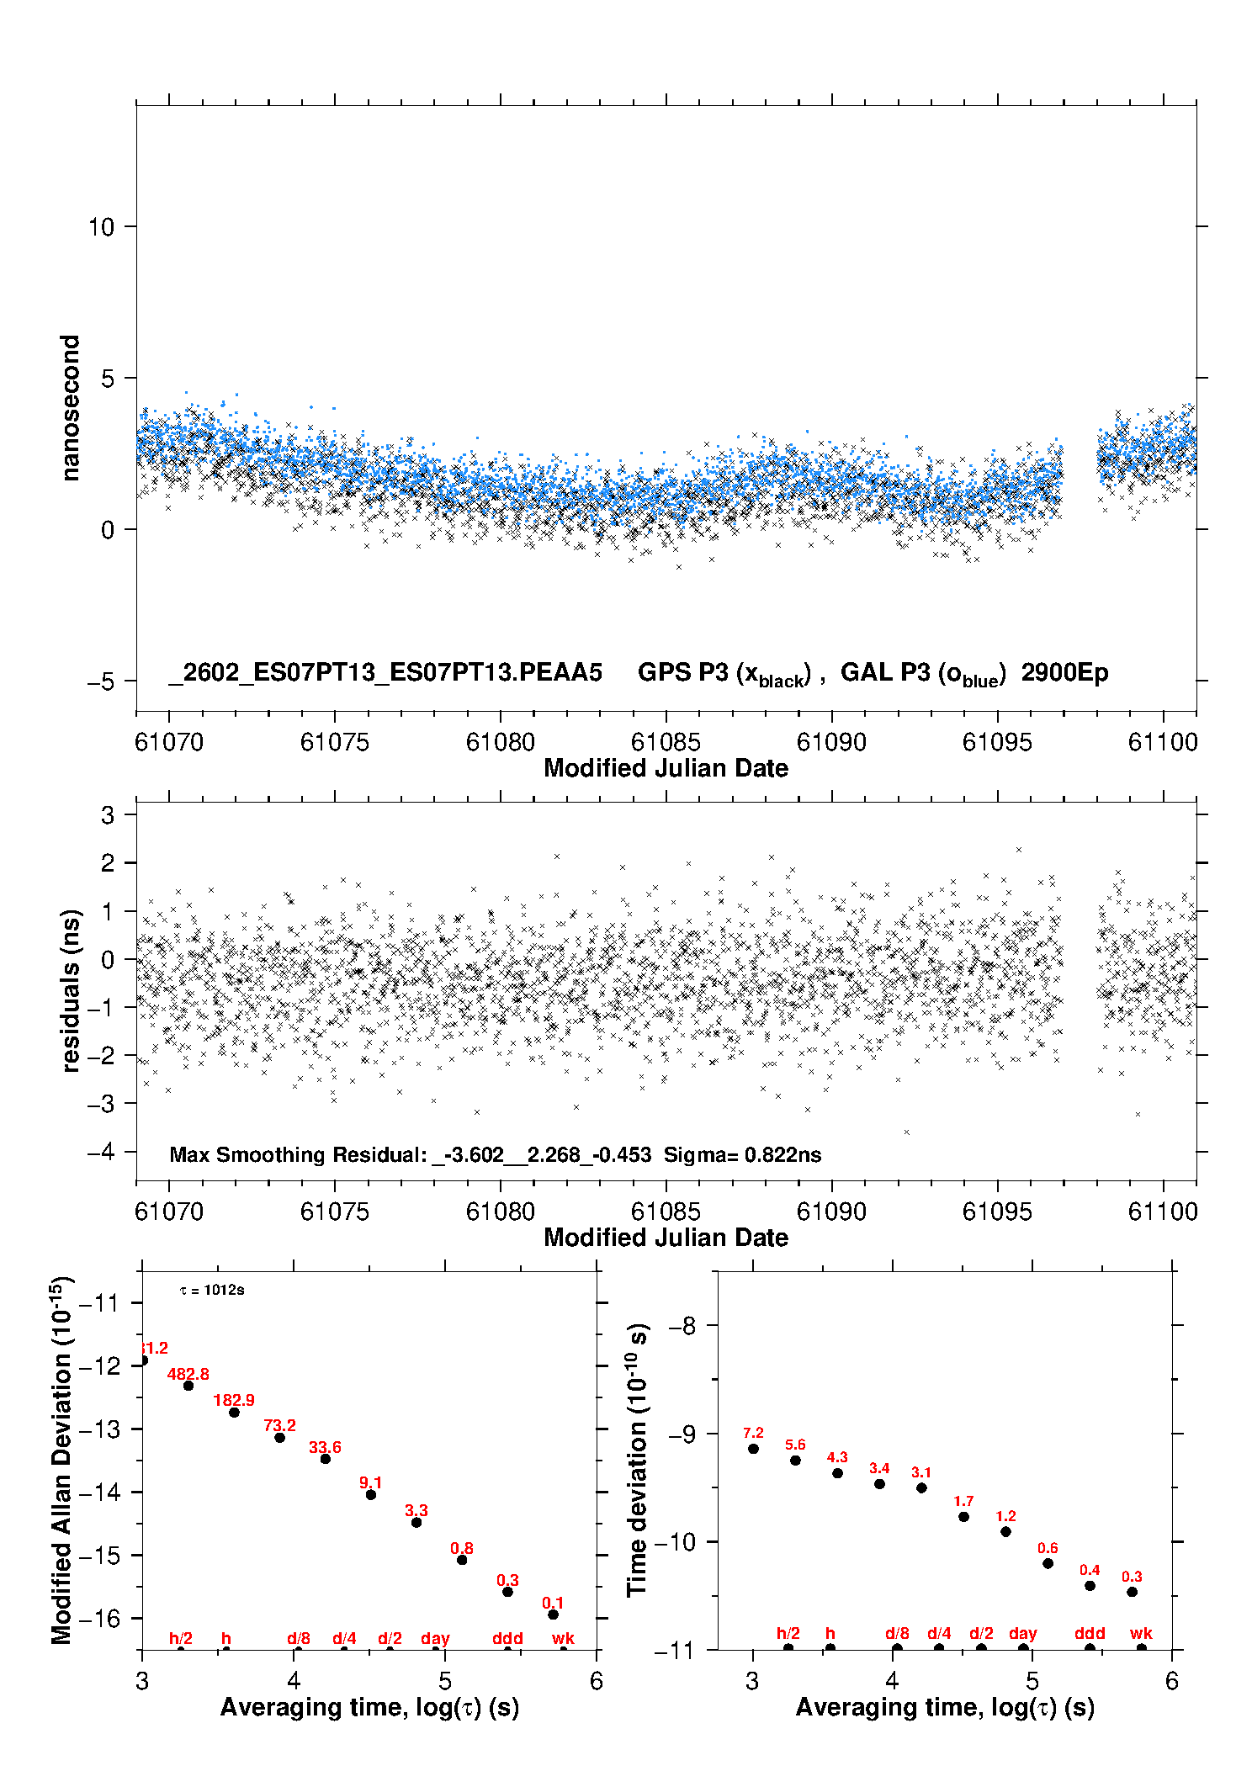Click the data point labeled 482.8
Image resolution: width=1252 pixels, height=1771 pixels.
pyautogui.click(x=188, y=1385)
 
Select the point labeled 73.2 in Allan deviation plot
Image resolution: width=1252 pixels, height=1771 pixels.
pyautogui.click(x=279, y=1437)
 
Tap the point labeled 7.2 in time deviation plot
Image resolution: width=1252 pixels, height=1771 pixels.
pyautogui.click(x=753, y=1448)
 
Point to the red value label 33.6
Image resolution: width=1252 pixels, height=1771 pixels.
pyautogui.click(x=325, y=1446)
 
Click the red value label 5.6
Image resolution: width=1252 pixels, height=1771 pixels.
pyautogui.click(x=795, y=1444)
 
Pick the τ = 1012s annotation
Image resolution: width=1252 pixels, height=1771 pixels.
pyautogui.click(x=212, y=1290)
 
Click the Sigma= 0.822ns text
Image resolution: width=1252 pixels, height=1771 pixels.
pyautogui.click(x=742, y=1154)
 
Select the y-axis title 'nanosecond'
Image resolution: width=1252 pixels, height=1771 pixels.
pyautogui.click(x=70, y=408)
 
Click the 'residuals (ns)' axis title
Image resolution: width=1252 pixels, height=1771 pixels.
pyautogui.click(x=71, y=990)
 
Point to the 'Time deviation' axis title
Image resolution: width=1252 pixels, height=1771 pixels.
pyautogui.click(x=638, y=1460)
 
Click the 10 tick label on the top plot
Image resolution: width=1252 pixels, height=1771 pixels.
pyautogui.click(x=101, y=226)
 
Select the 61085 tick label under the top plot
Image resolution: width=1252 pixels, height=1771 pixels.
pyautogui.click(x=666, y=742)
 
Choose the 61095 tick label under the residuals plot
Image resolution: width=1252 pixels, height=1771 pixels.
pyautogui.click(x=997, y=1212)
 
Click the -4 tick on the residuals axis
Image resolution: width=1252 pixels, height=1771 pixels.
pyautogui.click(x=101, y=1151)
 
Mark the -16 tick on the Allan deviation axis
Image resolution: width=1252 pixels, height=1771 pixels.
pyautogui.click(x=98, y=1618)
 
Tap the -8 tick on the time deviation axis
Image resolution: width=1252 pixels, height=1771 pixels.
pyautogui.click(x=682, y=1325)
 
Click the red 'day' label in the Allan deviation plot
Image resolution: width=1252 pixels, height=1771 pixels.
pyautogui.click(x=435, y=1638)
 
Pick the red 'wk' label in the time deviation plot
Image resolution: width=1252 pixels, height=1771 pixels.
pyautogui.click(x=1141, y=1633)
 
